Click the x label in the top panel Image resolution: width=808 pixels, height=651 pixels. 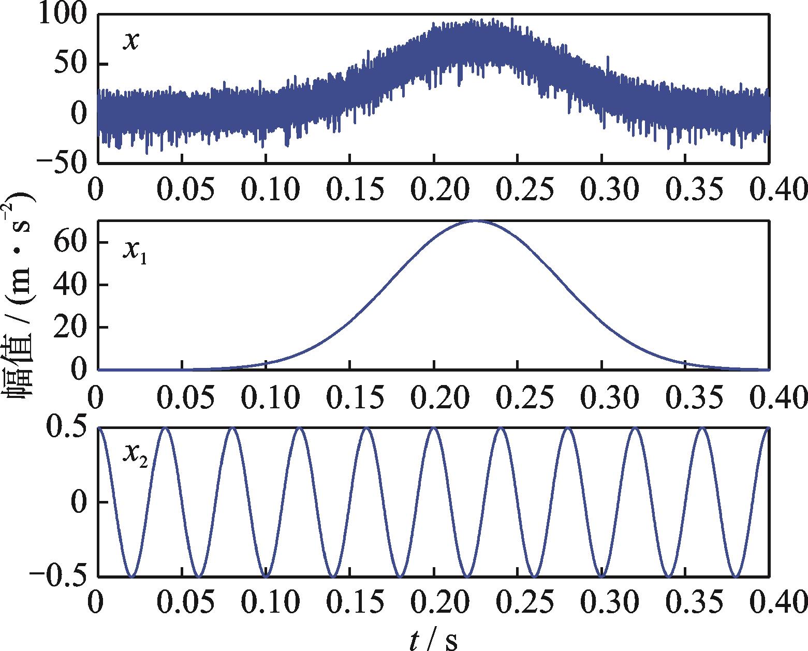pos(130,40)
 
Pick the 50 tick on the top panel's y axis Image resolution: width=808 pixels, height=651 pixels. pos(72,65)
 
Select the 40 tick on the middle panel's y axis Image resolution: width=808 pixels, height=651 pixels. pos(72,285)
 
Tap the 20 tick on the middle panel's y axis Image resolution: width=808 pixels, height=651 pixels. pos(72,328)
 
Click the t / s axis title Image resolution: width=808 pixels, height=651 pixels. pos(434,640)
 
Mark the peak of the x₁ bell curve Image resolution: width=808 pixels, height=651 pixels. pos(476,221)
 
